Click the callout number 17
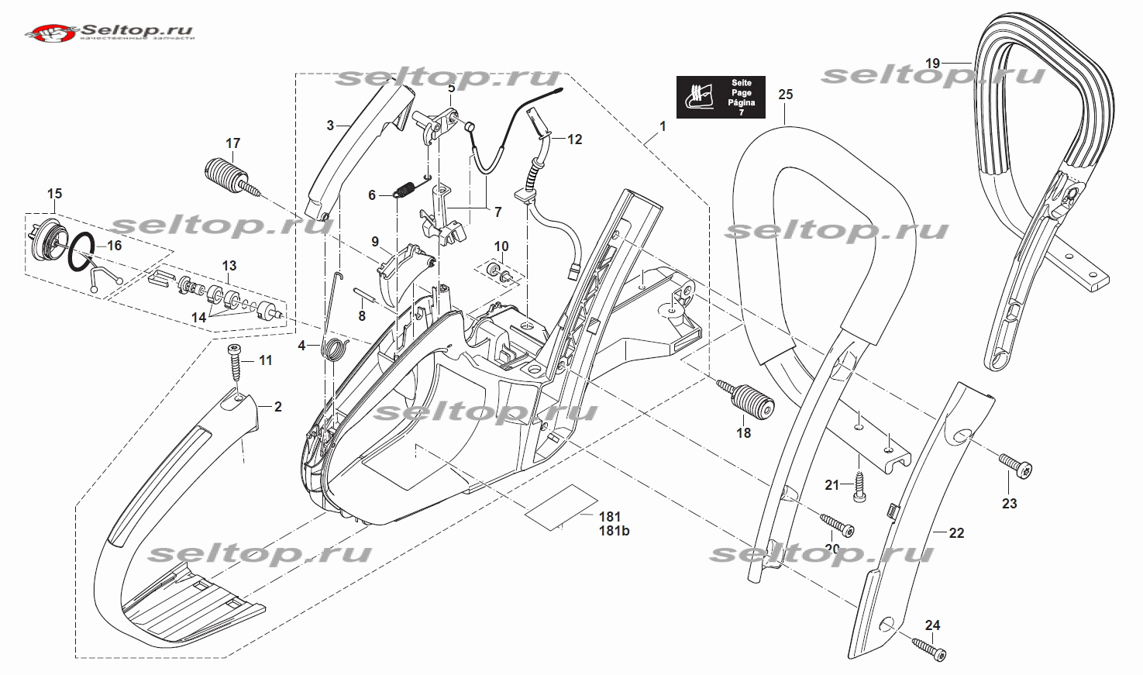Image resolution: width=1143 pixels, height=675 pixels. [x=233, y=143]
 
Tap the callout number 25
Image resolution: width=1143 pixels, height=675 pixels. [x=786, y=95]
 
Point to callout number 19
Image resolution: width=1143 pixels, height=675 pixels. [x=932, y=64]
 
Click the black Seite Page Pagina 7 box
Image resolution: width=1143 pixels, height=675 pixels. [x=721, y=97]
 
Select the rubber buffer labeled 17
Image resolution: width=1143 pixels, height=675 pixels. [x=225, y=175]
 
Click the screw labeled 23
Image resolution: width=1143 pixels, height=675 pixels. [x=1014, y=467]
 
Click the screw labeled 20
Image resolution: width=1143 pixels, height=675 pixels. [x=838, y=527]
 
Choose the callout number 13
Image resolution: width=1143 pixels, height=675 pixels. [x=229, y=266]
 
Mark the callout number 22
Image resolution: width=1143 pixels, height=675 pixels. [x=956, y=533]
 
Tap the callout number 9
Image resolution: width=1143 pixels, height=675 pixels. [x=375, y=242]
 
